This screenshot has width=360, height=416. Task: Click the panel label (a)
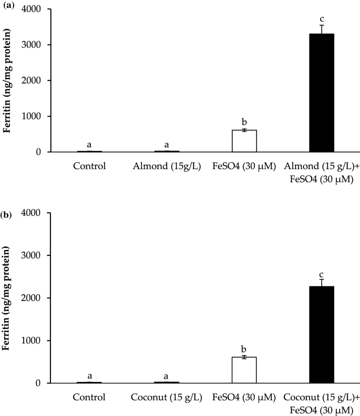tap(8, 5)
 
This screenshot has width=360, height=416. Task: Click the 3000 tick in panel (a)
tap(34, 45)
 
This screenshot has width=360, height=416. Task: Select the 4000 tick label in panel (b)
tap(34, 213)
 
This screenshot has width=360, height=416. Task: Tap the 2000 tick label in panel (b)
tap(34, 298)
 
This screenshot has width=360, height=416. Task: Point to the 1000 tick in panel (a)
tap(34, 116)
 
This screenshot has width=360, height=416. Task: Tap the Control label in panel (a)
tap(89, 167)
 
